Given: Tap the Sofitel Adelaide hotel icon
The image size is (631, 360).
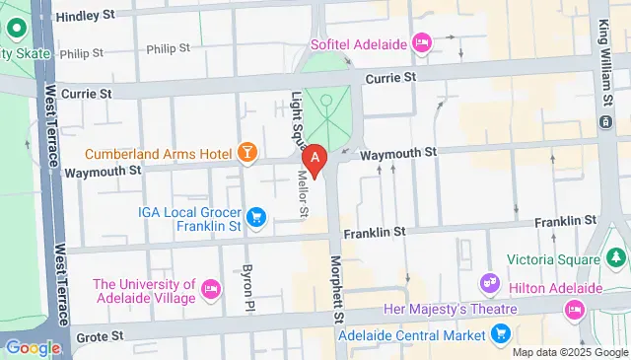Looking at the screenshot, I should click(422, 41).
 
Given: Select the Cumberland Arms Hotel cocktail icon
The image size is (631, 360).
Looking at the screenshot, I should click(246, 153).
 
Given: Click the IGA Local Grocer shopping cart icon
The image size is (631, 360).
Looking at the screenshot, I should click(257, 215).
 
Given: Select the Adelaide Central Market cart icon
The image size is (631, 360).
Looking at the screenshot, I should click(502, 334).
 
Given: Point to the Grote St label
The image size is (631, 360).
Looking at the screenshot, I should click(101, 336).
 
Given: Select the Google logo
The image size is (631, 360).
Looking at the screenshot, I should click(34, 347).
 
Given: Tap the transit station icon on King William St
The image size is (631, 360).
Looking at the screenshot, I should click(603, 120).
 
